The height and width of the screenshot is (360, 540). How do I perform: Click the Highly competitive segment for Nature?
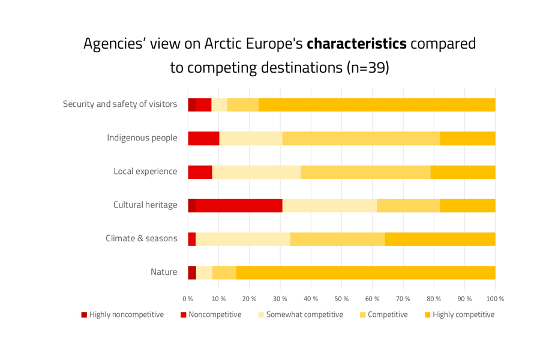pos(365,272)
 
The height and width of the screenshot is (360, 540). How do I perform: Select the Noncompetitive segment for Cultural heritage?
pos(239,205)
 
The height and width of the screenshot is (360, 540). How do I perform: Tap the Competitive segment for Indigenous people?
pos(361,138)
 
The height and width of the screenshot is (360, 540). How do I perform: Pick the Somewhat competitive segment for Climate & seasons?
pos(243,239)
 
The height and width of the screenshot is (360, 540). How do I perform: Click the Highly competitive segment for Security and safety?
pos(377,104)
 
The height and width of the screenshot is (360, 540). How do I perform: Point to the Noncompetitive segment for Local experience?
pos(200,172)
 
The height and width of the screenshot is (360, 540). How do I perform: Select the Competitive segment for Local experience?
pos(365,172)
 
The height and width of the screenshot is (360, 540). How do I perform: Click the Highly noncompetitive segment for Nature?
pos(192,272)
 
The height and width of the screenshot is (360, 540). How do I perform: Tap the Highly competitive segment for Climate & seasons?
pos(440,239)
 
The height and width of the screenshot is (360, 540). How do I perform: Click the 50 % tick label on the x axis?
pos(341,298)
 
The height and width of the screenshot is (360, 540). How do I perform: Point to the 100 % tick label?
pos(495,298)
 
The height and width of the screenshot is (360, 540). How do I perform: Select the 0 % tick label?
pos(188,298)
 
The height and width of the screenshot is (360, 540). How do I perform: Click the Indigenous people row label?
pos(142,138)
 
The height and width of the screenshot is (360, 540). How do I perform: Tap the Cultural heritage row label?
pos(145,205)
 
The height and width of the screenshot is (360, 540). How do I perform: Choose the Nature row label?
pos(164,272)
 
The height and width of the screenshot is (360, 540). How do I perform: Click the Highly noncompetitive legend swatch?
pos(85,315)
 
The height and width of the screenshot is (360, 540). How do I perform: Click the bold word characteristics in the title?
pos(356,44)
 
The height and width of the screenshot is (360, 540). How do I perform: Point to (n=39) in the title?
pos(368,67)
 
